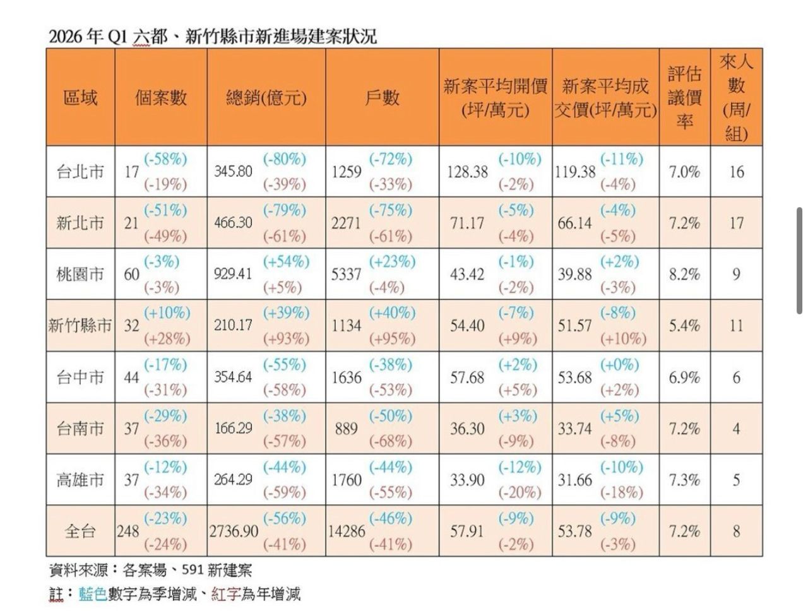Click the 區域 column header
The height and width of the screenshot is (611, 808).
pyautogui.click(x=80, y=98)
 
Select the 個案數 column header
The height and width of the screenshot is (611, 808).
pyautogui.click(x=160, y=98)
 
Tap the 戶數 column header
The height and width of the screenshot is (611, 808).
pyautogui.click(x=382, y=98)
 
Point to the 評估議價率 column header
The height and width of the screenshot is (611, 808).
pyautogui.click(x=685, y=98)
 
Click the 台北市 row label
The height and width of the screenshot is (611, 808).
pyautogui.click(x=80, y=172)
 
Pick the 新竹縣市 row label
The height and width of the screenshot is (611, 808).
pyautogui.click(x=80, y=326)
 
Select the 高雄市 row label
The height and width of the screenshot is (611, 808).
pyautogui.click(x=80, y=480)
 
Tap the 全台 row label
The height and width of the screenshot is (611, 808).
pyautogui.click(x=80, y=531)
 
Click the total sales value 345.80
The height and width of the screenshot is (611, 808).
pyautogui.click(x=233, y=172)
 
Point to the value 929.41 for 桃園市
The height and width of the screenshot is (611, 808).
pyautogui.click(x=233, y=275)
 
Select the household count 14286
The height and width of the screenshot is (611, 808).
pyautogui.click(x=347, y=531)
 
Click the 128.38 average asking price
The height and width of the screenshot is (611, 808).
pyautogui.click(x=467, y=172)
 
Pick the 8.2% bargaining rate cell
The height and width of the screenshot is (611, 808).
pyautogui.click(x=685, y=275)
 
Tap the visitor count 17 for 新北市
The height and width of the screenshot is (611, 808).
pyautogui.click(x=736, y=223)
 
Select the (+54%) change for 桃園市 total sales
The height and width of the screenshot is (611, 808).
pyautogui.click(x=287, y=261)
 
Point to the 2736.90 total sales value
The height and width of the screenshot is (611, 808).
pyautogui.click(x=234, y=531)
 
